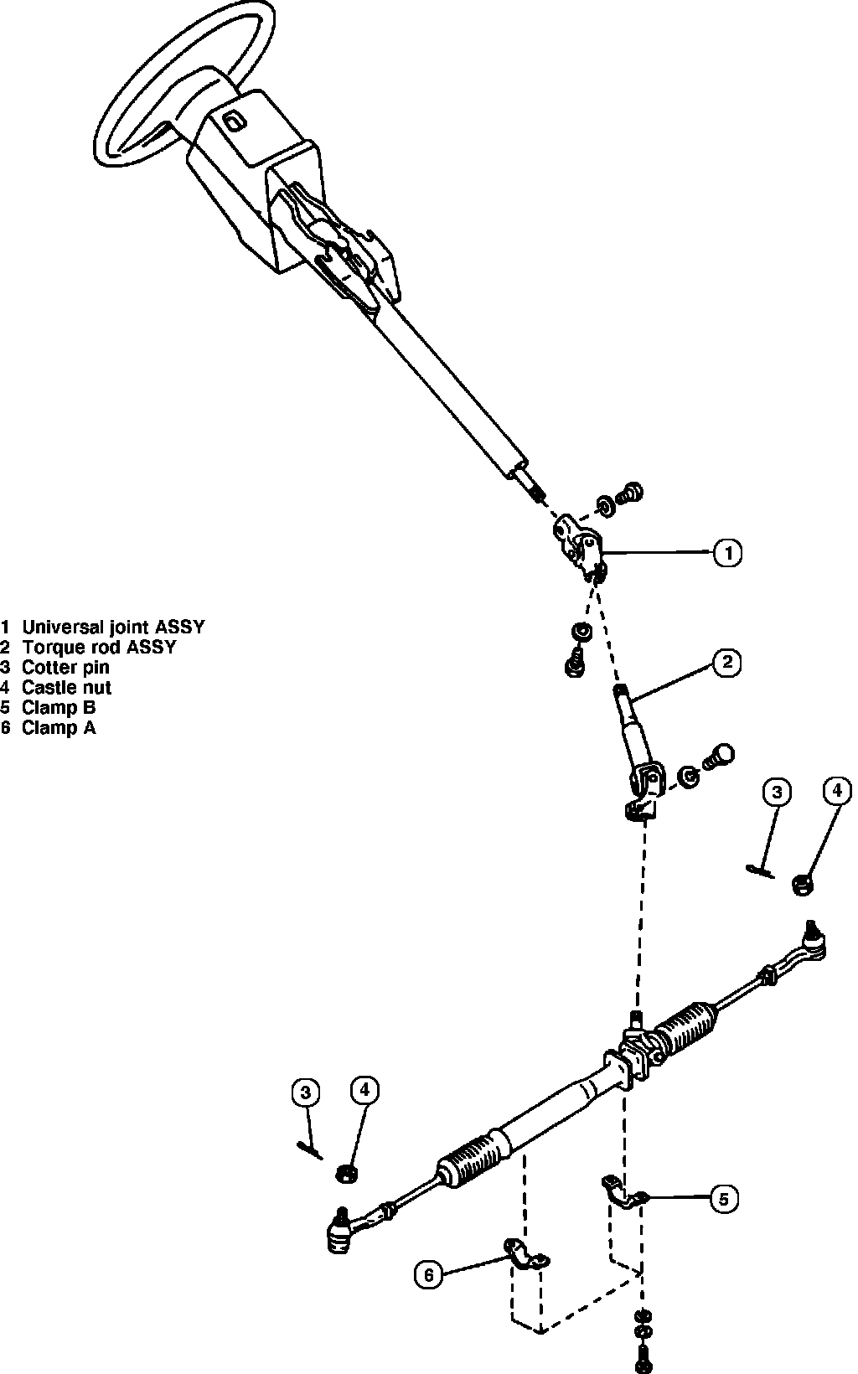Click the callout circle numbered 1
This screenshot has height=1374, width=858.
[x=727, y=553]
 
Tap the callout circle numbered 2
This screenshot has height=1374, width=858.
[x=726, y=663]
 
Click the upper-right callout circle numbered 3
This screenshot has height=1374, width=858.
[x=777, y=793]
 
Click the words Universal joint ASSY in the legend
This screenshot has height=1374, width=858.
[x=113, y=627]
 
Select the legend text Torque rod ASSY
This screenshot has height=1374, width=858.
[x=100, y=647]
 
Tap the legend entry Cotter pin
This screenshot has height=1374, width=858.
[x=65, y=668]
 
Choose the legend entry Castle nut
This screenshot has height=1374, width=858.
[x=67, y=688]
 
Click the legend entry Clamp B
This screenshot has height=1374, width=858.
[x=59, y=708]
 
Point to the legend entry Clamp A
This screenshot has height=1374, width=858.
[x=59, y=728]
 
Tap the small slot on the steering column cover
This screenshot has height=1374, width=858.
[x=234, y=121]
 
